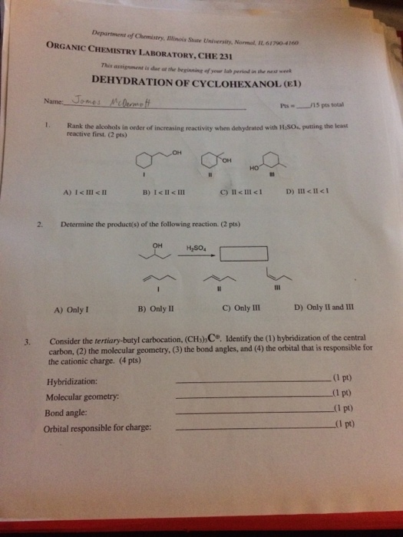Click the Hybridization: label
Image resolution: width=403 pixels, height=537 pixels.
point(72,382)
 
